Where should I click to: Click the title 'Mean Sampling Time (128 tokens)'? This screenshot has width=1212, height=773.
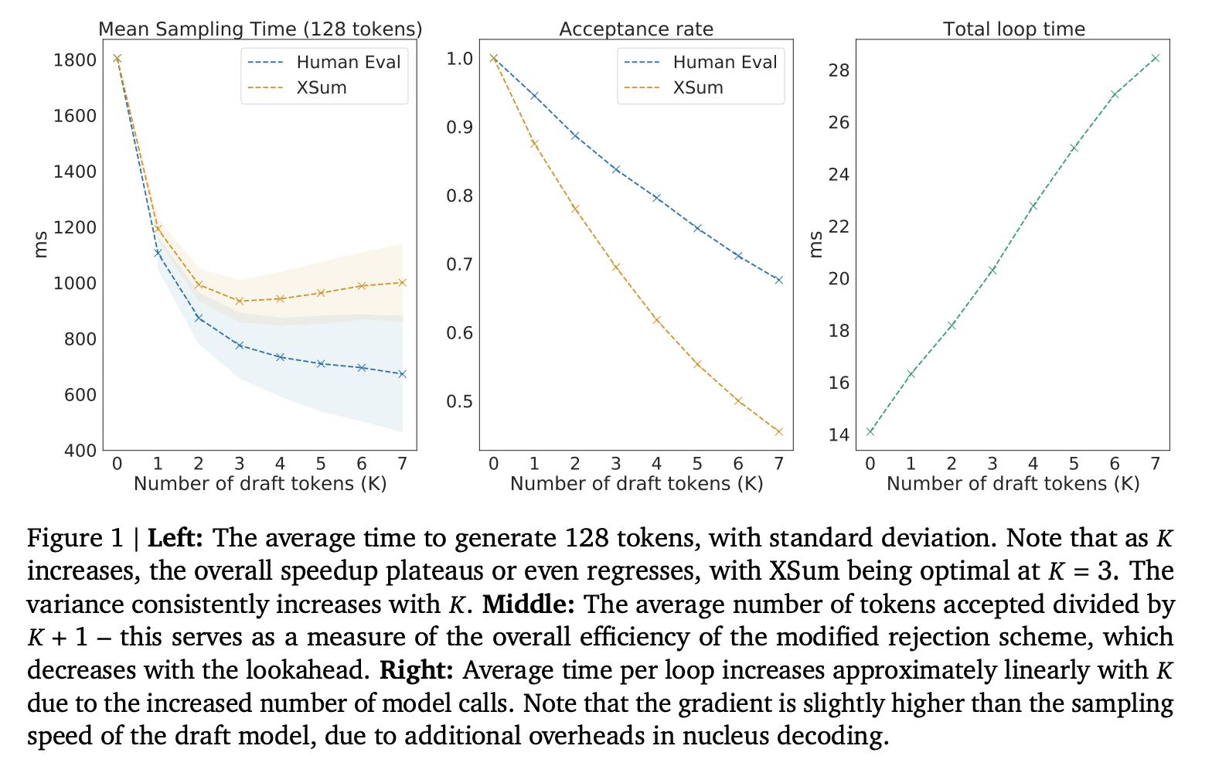(260, 29)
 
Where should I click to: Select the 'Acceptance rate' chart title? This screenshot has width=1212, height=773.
(635, 29)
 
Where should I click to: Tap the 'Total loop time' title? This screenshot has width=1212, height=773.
(1013, 29)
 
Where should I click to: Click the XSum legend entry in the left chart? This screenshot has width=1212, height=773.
(322, 87)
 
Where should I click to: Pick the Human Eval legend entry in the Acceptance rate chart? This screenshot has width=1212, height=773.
(724, 62)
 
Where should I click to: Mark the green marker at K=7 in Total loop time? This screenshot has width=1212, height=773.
(1155, 58)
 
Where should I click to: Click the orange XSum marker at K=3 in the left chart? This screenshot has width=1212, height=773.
(240, 301)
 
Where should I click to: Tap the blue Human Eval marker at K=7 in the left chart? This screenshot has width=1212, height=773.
(402, 374)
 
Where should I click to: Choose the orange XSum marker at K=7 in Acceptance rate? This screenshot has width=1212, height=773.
(778, 431)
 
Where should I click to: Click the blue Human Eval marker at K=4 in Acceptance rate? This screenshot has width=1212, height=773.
(656, 198)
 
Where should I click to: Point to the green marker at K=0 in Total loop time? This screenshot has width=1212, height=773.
(870, 431)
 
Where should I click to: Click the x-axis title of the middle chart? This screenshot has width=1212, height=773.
(636, 484)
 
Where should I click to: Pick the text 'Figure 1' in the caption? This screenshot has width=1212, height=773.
(76, 537)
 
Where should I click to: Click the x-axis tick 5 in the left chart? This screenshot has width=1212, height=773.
(321, 464)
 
